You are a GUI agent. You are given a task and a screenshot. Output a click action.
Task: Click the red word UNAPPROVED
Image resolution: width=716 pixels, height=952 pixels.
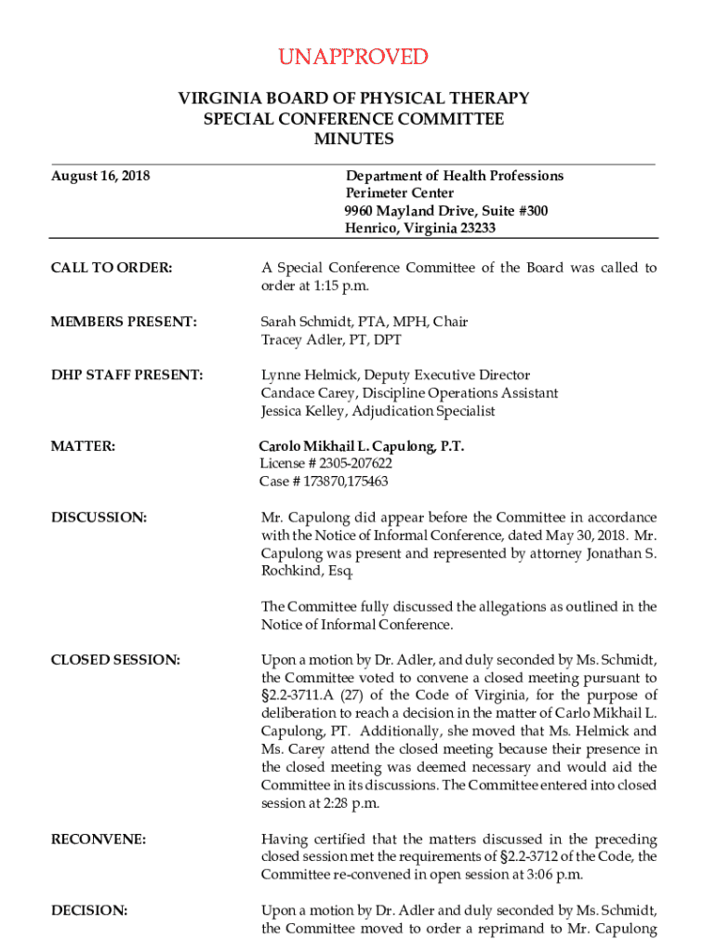tap(353, 58)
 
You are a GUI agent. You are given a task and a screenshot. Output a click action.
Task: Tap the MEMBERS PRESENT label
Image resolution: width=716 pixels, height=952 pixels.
tap(124, 322)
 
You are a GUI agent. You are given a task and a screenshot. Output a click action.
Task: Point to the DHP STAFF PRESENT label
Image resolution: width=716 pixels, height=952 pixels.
tap(126, 376)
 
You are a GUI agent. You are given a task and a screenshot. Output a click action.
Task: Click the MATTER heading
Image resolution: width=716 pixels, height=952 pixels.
tap(84, 447)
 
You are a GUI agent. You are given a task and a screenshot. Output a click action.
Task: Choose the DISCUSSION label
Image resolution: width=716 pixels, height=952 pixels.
tap(99, 517)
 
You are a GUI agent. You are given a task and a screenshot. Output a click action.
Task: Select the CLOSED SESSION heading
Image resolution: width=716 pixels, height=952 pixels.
tap(115, 660)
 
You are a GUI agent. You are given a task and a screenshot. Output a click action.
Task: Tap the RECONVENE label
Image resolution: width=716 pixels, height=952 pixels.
tap(99, 840)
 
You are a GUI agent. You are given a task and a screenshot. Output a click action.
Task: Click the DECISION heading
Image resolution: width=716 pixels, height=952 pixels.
tap(89, 909)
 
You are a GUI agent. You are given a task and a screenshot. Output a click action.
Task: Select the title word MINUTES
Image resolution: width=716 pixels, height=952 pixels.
tap(353, 139)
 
